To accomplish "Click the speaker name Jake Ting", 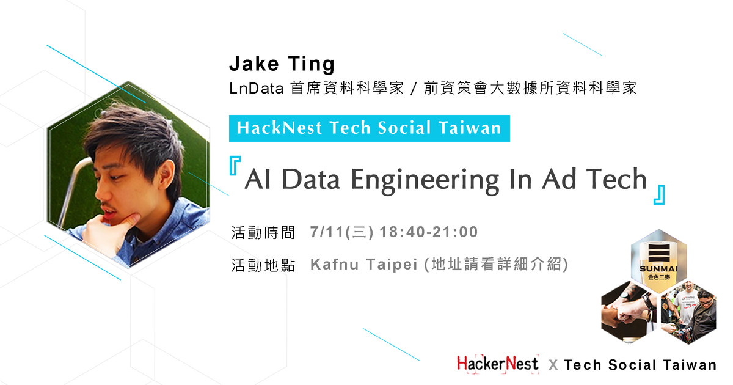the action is (x=282, y=64).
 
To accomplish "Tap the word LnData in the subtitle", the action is (x=256, y=89).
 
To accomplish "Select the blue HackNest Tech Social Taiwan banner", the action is (x=369, y=128).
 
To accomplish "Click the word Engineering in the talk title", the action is (x=425, y=180).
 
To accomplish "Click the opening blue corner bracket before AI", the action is (x=235, y=166).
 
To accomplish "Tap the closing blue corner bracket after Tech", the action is (x=658, y=194).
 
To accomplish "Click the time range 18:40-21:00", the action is (x=429, y=232).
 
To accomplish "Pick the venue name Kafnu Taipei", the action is (x=364, y=265).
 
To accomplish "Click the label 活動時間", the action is (x=263, y=233).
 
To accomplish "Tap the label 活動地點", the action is (x=263, y=265).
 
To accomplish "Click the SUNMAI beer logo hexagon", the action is (x=658, y=262).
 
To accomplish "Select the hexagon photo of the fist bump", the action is (x=629, y=312).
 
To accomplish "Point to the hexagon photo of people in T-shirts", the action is (x=688, y=312).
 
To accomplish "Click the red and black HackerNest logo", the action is (x=497, y=364).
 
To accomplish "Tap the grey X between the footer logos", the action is (x=553, y=365).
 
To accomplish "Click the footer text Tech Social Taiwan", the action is (x=640, y=365).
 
